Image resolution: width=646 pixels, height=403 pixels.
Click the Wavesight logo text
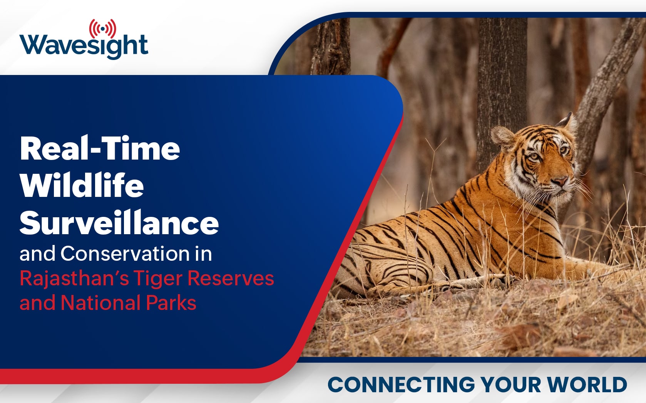click(84, 46)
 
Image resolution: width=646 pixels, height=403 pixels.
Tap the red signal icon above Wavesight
click(103, 28)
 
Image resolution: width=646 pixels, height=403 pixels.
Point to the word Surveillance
click(119, 222)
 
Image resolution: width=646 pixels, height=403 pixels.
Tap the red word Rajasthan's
click(74, 279)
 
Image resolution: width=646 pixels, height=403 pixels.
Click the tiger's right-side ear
click(567, 122)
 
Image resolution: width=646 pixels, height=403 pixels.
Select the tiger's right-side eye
click(563, 150)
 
